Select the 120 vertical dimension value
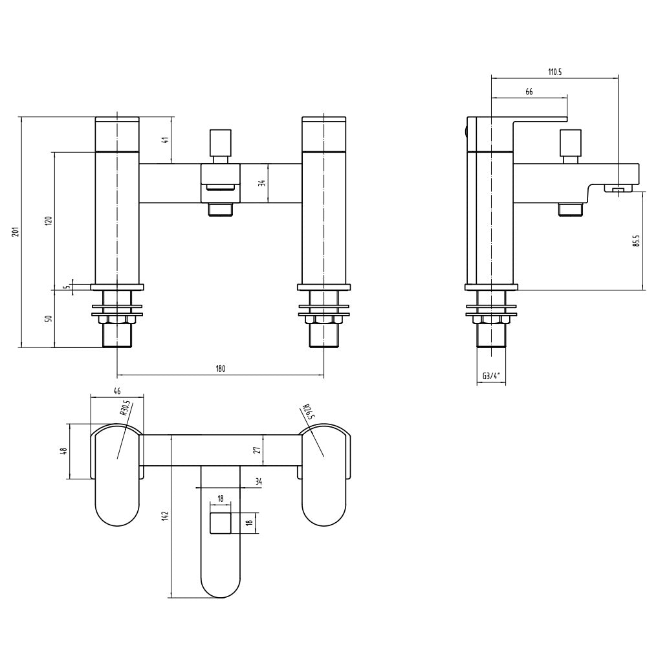click(x=47, y=220)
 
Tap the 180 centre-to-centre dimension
click(x=220, y=369)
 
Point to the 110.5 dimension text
click(x=554, y=72)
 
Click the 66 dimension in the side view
click(x=529, y=93)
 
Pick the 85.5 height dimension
click(x=637, y=240)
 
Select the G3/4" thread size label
click(x=492, y=376)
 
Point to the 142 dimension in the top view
click(x=165, y=516)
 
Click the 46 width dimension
click(x=117, y=391)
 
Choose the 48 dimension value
click(x=63, y=451)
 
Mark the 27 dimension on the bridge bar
click(x=257, y=450)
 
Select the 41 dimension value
click(x=166, y=140)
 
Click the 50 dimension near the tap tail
click(x=47, y=318)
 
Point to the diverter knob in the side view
click(x=570, y=140)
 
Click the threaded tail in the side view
click(x=491, y=334)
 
